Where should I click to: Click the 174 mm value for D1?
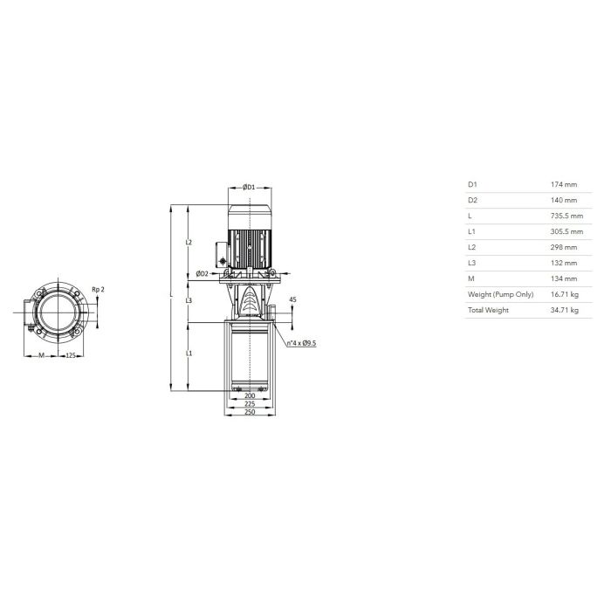564,185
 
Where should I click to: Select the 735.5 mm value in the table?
566,216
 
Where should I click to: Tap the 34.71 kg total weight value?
564,310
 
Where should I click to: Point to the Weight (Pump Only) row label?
500,295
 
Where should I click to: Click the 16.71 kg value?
564,294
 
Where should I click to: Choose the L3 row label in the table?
471,263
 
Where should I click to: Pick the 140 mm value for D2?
564,200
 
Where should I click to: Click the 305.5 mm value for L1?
566,231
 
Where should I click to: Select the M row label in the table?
471,278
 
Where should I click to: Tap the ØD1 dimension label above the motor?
249,187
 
